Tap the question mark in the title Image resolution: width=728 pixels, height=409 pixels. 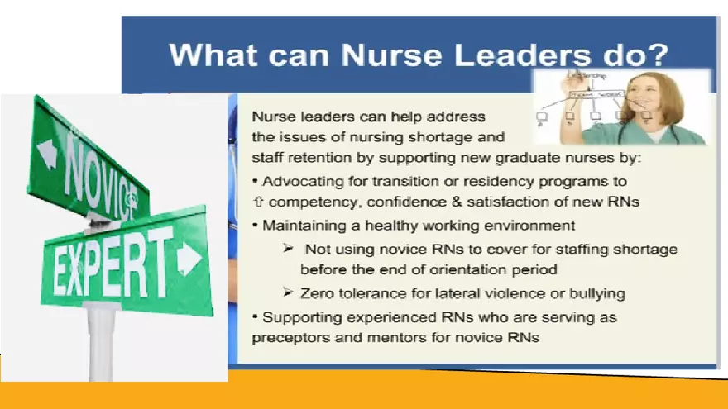(659, 56)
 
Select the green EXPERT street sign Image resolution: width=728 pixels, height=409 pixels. (124, 261)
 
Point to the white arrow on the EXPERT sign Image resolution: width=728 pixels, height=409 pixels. (189, 258)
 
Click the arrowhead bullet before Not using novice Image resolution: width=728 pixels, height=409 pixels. (288, 249)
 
